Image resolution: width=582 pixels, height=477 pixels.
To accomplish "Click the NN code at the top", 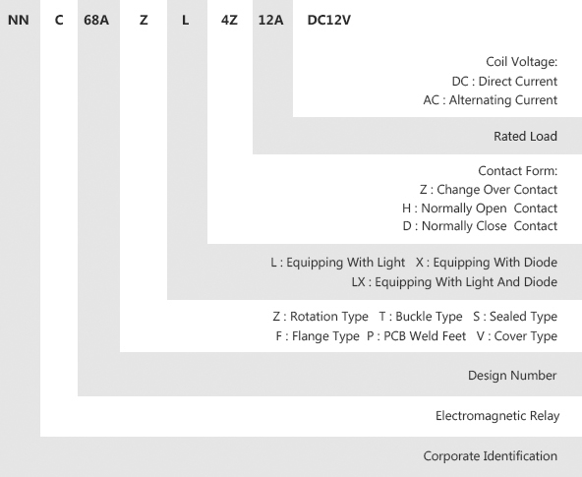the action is click(x=19, y=20).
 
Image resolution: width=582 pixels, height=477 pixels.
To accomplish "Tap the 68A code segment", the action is click(x=96, y=20).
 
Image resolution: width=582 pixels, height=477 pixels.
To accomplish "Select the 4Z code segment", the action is click(x=229, y=20).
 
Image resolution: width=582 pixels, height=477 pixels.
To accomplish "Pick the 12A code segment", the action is click(x=270, y=20).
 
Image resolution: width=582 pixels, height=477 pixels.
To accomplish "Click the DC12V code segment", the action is click(x=329, y=20).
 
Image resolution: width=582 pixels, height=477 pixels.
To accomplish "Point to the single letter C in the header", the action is click(x=59, y=20).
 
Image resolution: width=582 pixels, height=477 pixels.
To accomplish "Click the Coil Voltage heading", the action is click(x=521, y=62).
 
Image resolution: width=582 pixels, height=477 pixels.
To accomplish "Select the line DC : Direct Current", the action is click(x=504, y=81).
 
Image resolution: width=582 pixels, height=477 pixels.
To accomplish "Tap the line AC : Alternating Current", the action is click(x=491, y=100).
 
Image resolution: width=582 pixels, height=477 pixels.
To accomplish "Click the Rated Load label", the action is click(x=525, y=137).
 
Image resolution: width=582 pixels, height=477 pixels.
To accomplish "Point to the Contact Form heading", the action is click(x=518, y=171).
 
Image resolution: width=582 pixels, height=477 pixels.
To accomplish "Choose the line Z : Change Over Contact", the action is click(x=489, y=189).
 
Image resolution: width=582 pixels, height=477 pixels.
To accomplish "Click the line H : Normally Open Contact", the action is click(x=480, y=208).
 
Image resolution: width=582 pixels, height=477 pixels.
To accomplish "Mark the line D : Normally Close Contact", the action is click(x=480, y=225).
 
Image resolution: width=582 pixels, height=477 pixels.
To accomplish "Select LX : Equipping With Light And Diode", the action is click(x=454, y=282).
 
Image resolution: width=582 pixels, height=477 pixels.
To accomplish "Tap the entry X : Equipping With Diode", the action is click(x=487, y=263).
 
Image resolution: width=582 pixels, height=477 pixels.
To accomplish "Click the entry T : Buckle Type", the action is click(x=421, y=317).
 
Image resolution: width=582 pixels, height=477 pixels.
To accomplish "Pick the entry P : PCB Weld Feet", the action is click(x=416, y=336).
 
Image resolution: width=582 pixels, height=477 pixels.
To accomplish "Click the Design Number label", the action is click(x=512, y=376).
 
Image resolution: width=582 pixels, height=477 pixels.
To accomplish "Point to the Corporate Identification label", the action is click(x=491, y=455).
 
